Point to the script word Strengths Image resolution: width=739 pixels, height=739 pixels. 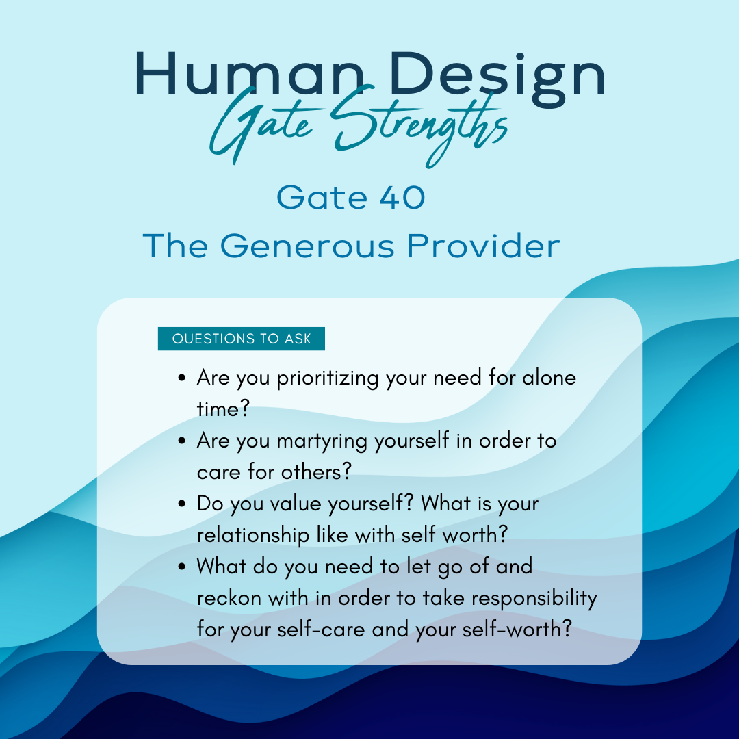click(419, 127)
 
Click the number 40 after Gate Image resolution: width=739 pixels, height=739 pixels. click(402, 197)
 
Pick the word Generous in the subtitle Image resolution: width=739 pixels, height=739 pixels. click(307, 246)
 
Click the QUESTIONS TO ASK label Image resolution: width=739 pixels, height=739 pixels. click(242, 339)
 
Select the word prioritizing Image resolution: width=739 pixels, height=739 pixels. click(328, 378)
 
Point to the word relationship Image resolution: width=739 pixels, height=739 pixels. click(252, 535)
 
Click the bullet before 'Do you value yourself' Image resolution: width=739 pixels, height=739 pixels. click(183, 504)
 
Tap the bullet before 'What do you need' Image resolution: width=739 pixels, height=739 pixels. click(183, 567)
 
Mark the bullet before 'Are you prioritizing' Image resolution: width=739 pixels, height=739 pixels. click(183, 378)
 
